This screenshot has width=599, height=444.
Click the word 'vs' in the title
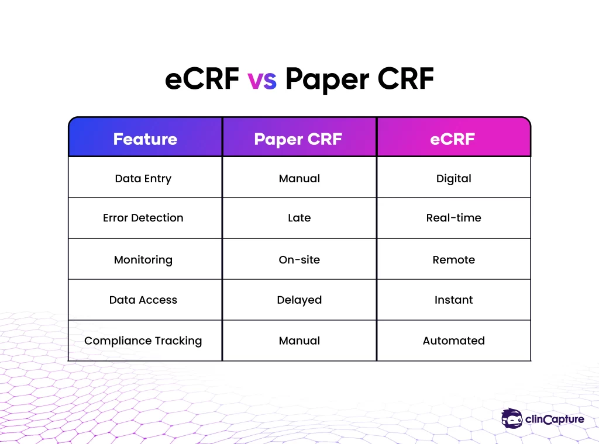click(x=262, y=81)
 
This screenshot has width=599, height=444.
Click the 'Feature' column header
click(x=145, y=139)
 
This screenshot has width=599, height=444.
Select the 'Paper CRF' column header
click(x=298, y=140)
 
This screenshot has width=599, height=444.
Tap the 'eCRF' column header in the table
click(x=453, y=139)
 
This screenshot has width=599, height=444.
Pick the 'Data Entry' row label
click(x=143, y=179)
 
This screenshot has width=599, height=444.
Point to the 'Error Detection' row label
click(x=143, y=218)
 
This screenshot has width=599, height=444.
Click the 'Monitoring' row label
click(x=143, y=260)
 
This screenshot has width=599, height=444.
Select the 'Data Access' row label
click(x=143, y=300)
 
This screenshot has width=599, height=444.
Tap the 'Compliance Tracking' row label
click(x=143, y=341)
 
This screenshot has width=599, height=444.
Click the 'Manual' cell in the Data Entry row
click(x=299, y=179)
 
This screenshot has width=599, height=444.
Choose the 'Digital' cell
click(x=454, y=179)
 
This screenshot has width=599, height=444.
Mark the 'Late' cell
click(x=299, y=218)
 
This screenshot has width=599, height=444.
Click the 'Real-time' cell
click(x=454, y=218)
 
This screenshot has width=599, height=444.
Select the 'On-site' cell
click(x=299, y=260)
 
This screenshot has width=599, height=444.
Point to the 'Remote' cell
click(x=454, y=260)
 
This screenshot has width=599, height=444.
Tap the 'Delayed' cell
click(x=299, y=300)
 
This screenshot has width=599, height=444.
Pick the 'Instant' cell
click(x=454, y=300)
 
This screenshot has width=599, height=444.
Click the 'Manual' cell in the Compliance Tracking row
click(x=299, y=341)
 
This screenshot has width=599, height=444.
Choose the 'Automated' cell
click(x=454, y=341)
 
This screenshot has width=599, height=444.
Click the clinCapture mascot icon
click(x=512, y=418)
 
